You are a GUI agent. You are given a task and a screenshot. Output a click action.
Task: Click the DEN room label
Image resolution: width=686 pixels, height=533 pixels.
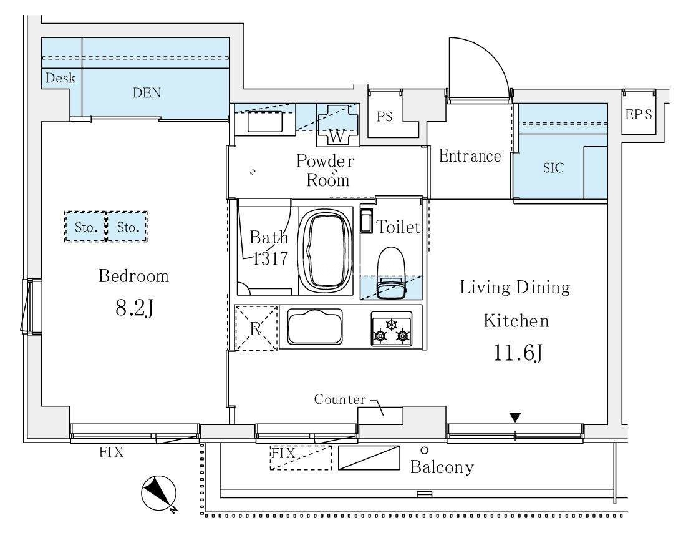[x=147, y=93]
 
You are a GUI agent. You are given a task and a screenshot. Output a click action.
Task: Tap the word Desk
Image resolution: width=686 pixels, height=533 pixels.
[x=60, y=78]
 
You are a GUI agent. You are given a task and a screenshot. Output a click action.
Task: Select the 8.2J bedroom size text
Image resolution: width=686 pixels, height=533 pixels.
[x=134, y=308]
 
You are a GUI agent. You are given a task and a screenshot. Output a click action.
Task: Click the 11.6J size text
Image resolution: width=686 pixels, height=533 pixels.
[x=518, y=353]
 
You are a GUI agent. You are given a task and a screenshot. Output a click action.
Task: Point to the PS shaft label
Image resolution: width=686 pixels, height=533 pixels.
[x=385, y=117]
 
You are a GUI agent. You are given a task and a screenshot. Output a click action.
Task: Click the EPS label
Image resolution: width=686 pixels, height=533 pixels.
[x=639, y=114]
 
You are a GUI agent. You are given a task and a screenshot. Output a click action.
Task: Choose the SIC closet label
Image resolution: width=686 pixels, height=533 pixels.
[x=553, y=168]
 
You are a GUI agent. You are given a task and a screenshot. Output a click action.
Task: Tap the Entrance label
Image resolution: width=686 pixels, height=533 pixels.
[x=470, y=156]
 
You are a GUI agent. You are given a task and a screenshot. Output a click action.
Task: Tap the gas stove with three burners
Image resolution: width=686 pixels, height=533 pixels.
[x=391, y=329]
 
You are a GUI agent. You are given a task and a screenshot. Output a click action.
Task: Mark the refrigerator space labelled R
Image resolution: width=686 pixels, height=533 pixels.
[x=256, y=328]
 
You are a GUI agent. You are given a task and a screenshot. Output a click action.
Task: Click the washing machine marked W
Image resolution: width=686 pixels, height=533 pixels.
[x=337, y=125]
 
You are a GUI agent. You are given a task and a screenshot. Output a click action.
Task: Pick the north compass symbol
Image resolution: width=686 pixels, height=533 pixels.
[x=159, y=494]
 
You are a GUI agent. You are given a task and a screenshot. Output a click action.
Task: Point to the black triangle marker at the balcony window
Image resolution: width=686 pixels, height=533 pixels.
[x=515, y=418]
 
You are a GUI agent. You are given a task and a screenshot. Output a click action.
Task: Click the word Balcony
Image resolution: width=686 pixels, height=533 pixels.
[x=442, y=467]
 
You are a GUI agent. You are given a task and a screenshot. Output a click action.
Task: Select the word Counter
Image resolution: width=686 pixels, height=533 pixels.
[x=340, y=399]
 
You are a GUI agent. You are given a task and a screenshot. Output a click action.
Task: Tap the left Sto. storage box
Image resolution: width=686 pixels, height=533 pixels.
[x=85, y=227]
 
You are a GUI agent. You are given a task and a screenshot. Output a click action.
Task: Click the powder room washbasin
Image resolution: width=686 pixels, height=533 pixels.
[x=264, y=121]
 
